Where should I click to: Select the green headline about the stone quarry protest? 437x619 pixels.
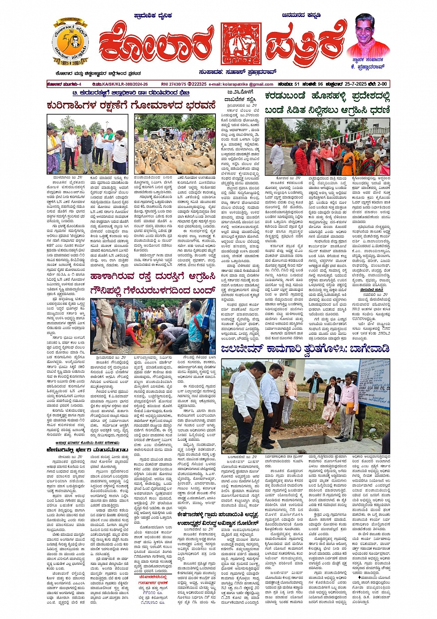327,102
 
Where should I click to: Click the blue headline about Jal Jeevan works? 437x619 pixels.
298,349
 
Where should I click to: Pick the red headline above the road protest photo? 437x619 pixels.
153,283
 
